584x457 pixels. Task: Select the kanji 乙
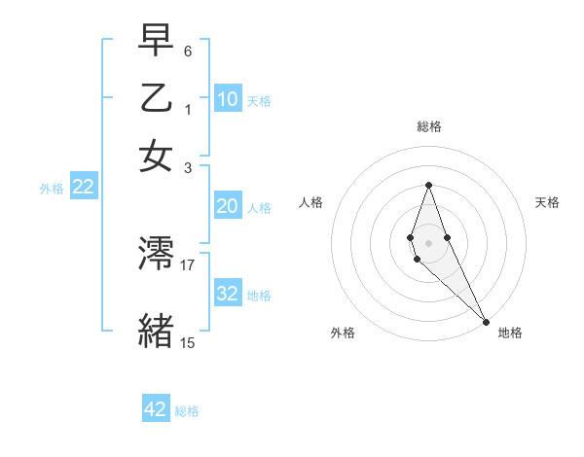tap(157, 100)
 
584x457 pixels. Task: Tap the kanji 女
tap(157, 157)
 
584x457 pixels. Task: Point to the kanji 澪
tap(157, 255)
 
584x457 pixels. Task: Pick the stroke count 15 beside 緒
tap(188, 342)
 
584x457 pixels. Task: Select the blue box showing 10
tap(228, 99)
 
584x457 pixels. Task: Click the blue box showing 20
tap(228, 206)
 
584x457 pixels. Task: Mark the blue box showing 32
tap(228, 294)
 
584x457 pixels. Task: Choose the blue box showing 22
tap(83, 188)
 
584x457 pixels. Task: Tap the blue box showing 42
tap(156, 409)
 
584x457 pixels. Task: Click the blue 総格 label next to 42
tap(187, 411)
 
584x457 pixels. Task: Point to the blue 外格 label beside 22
tap(52, 189)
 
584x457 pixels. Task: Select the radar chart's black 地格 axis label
tap(510, 333)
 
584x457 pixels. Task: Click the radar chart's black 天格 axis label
tap(547, 202)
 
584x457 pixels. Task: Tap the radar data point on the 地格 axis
tap(485, 322)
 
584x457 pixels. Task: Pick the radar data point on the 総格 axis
tap(428, 185)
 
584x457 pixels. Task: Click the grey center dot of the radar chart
tap(428, 256)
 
